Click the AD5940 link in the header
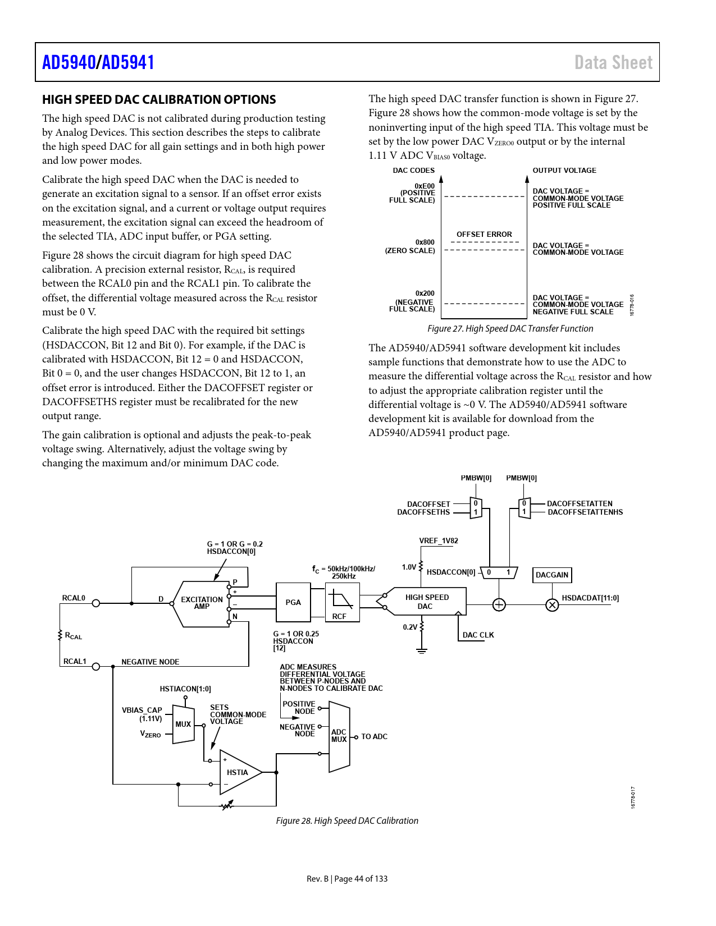(x=69, y=62)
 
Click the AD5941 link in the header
(x=128, y=62)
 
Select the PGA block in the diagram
(x=293, y=602)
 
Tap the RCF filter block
(x=342, y=602)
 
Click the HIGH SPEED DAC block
(x=427, y=602)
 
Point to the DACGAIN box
(x=551, y=575)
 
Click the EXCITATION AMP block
(x=201, y=603)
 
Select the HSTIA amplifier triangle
(x=238, y=772)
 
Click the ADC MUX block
(x=339, y=736)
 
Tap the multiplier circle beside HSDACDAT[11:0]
(x=553, y=604)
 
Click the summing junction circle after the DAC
(x=499, y=604)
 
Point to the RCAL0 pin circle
(x=96, y=603)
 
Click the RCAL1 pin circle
(x=96, y=667)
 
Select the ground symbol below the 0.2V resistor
(x=422, y=651)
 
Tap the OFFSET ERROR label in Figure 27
(x=484, y=234)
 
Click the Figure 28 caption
(x=347, y=820)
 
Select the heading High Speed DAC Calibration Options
(x=159, y=100)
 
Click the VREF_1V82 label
(x=439, y=541)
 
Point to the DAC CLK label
(x=478, y=635)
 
